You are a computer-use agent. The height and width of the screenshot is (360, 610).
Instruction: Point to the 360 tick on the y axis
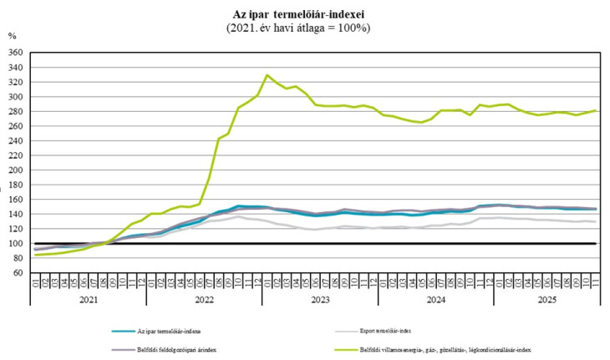pos(15,52)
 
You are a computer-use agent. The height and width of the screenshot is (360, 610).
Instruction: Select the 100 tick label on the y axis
pos(15,243)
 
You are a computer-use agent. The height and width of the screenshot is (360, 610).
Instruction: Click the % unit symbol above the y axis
pos(12,36)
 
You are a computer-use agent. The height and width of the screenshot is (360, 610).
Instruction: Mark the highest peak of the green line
pos(267,75)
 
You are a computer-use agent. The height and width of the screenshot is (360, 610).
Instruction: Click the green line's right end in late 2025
pos(594,110)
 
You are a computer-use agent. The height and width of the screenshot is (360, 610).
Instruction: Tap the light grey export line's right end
pos(594,221)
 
